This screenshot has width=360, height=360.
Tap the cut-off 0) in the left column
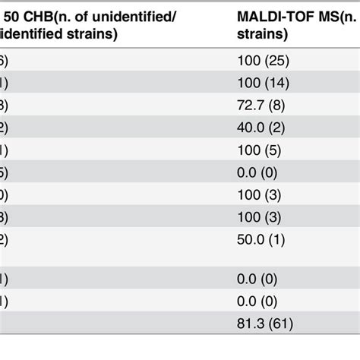click(4, 206)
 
